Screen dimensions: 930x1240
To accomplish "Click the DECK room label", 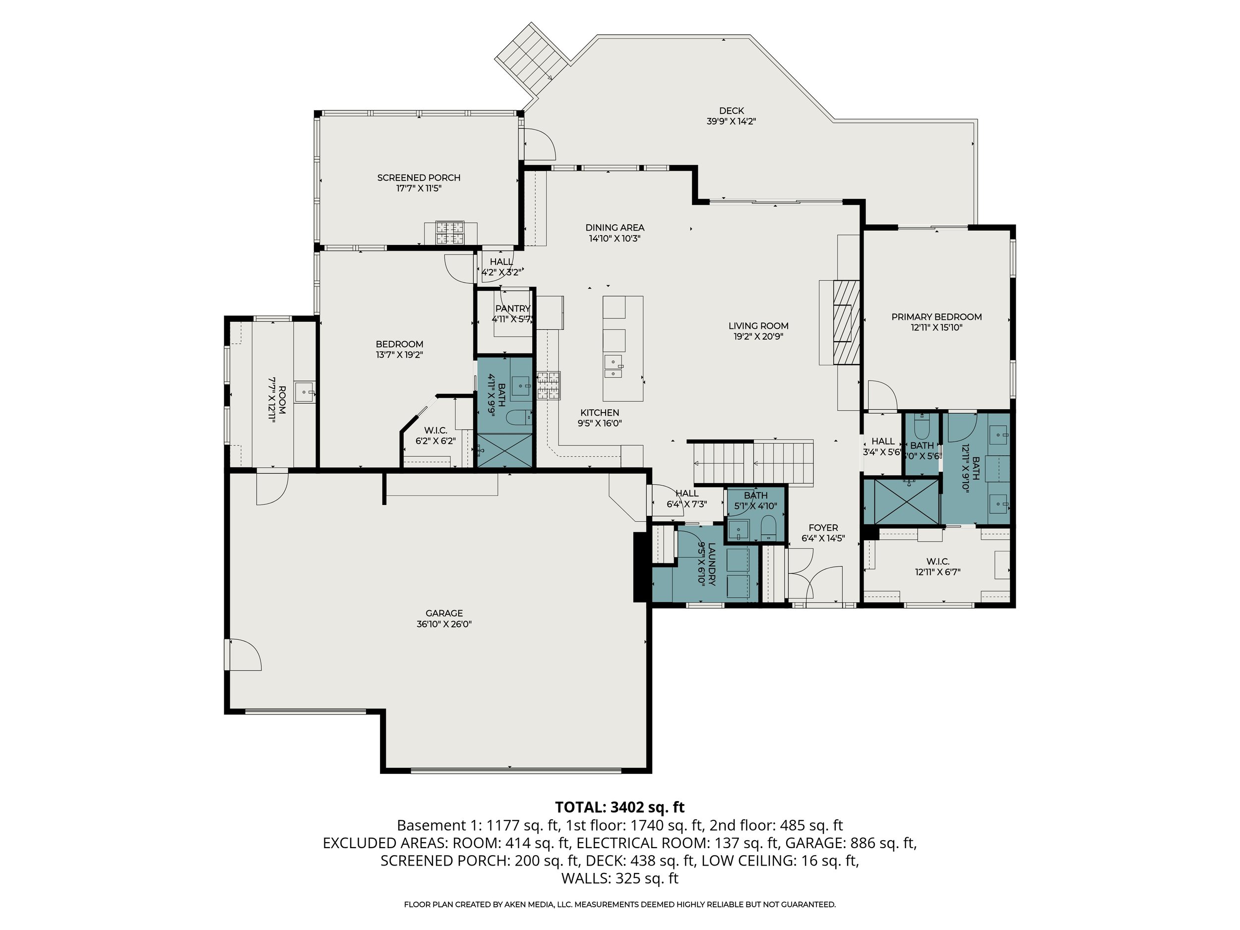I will [731, 111].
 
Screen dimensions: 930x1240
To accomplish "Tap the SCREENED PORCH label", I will [418, 178].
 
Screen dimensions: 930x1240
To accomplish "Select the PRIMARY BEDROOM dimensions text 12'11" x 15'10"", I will [936, 327].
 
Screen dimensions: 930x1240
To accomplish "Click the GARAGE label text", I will [444, 613].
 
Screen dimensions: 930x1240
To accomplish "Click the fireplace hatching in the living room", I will [845, 322].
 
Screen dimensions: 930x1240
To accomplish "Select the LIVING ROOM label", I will [758, 326].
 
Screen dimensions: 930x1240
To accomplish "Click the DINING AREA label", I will [615, 228].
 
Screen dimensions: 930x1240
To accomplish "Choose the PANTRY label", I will [512, 309].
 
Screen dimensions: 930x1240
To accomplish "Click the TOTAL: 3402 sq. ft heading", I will [620, 807].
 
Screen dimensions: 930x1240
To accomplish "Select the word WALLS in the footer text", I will [585, 878].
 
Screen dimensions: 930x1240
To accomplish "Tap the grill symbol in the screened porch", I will [450, 233].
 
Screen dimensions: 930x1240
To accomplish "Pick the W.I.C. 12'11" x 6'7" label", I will [937, 561].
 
